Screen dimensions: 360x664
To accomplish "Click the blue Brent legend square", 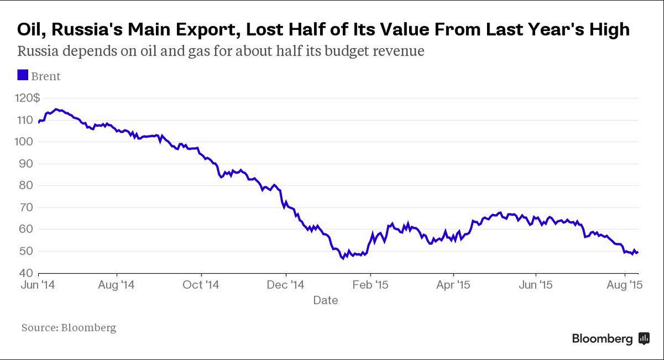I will click(x=22, y=75).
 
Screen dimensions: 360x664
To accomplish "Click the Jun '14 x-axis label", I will click(x=39, y=285).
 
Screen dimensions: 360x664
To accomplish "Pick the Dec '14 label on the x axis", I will click(x=285, y=285).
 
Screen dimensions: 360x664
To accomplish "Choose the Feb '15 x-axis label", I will click(x=370, y=285).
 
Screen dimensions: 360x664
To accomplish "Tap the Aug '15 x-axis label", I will click(x=624, y=285).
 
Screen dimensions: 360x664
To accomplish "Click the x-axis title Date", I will click(x=325, y=300).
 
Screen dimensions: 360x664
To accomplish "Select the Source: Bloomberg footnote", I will click(x=69, y=327).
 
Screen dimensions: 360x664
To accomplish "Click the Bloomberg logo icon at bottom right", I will click(x=643, y=338).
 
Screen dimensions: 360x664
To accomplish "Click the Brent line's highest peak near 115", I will click(x=56, y=109).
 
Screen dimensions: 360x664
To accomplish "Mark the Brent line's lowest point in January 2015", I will click(x=343, y=259).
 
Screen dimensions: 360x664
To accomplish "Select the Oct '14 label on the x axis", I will click(x=200, y=285).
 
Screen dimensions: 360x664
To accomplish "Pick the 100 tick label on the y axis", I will click(x=26, y=142).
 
